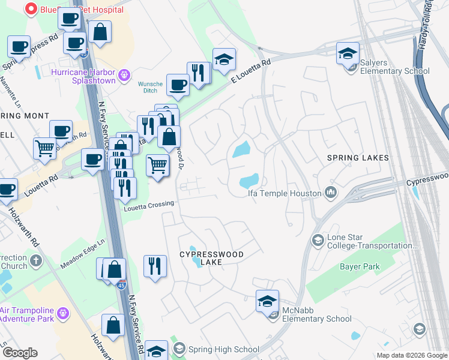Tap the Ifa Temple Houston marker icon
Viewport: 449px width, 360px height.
tap(330, 193)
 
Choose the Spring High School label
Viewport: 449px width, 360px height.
tap(223, 349)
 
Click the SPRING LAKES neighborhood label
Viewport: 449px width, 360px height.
tap(357, 158)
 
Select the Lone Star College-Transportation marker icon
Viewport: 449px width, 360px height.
tap(318, 241)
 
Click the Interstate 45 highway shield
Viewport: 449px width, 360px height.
tap(122, 284)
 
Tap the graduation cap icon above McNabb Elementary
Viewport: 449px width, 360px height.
tap(267, 301)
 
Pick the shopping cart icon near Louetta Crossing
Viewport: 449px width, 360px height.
tap(157, 164)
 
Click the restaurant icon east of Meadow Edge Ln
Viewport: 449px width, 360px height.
tap(155, 266)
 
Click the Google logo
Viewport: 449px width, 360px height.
tap(20, 353)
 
